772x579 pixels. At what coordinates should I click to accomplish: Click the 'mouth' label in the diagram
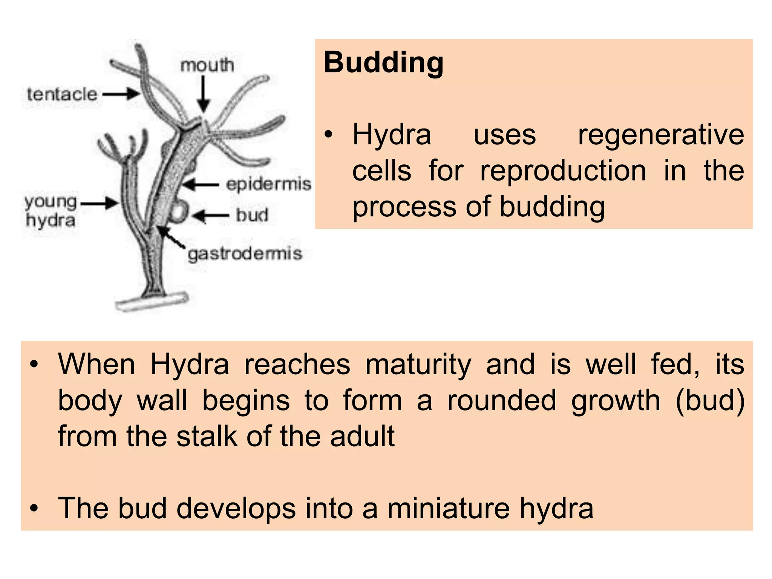207,66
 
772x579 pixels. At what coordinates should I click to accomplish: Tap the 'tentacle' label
62,94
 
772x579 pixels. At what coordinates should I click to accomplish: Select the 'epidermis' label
268,184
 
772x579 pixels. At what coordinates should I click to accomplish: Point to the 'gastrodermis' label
245,254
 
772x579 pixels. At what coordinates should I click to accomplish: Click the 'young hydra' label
51,211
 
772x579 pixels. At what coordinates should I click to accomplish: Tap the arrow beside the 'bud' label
210,216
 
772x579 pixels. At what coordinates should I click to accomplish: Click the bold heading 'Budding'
383,63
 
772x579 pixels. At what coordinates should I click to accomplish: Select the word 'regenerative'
661,135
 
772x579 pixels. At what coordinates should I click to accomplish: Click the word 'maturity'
418,365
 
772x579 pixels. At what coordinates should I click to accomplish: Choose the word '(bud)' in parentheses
710,400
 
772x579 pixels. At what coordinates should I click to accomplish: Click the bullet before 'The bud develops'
34,508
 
